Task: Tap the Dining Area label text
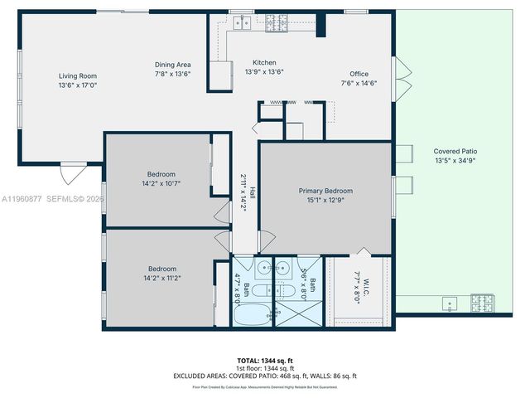(x=173, y=65)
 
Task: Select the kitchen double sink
(x=243, y=23)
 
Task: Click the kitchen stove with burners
(x=276, y=23)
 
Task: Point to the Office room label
(x=359, y=74)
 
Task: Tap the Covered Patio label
(x=455, y=152)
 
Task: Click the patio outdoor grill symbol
(x=482, y=302)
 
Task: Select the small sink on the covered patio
(x=450, y=303)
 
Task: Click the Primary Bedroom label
(x=325, y=191)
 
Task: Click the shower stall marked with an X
(x=297, y=314)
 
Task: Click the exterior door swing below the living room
(x=72, y=174)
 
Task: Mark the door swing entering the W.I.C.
(x=364, y=251)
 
